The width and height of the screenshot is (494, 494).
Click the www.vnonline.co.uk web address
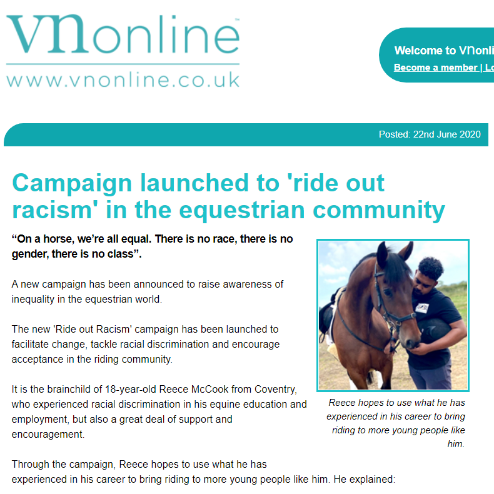pos(123,80)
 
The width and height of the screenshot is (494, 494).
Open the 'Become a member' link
pos(435,68)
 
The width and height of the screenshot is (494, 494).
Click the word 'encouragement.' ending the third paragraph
pos(46,434)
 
